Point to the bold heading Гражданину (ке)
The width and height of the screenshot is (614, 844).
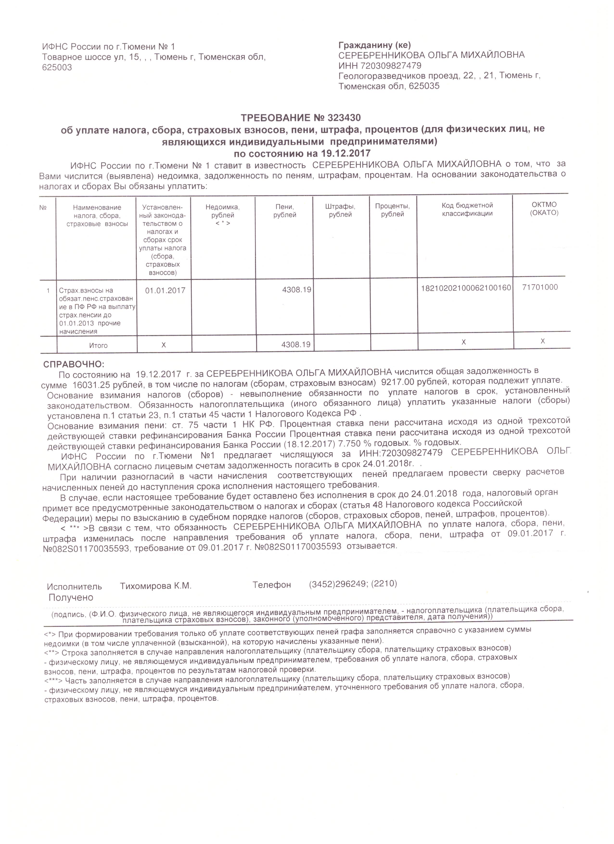click(x=374, y=45)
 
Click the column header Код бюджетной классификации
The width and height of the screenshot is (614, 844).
click(x=467, y=209)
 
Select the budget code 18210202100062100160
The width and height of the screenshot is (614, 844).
click(x=466, y=288)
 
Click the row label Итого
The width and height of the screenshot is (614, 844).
click(x=98, y=345)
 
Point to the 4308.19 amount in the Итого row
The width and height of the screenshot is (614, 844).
click(x=296, y=345)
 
